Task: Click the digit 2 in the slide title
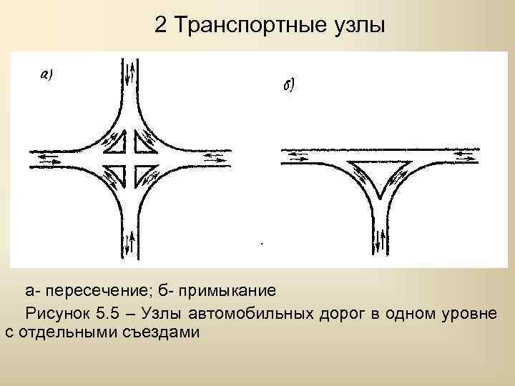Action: click(x=161, y=26)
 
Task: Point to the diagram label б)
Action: click(x=290, y=86)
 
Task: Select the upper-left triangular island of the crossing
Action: click(x=114, y=144)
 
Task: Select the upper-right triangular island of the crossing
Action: click(x=145, y=143)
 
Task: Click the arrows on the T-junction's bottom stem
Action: click(x=380, y=242)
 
